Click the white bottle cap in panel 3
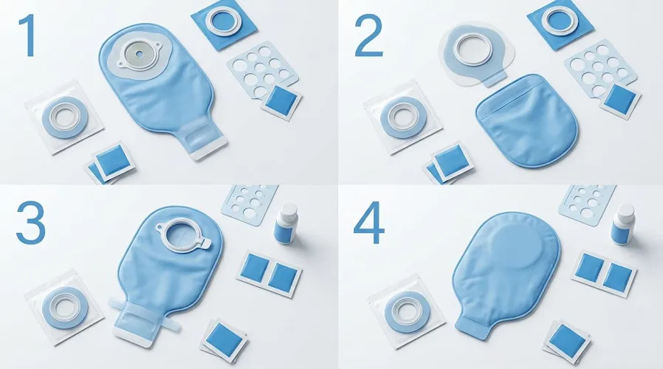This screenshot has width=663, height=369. pyautogui.click(x=289, y=210)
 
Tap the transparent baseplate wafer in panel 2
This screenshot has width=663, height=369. pyautogui.click(x=477, y=54)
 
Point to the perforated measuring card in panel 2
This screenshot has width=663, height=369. pyautogui.click(x=601, y=69)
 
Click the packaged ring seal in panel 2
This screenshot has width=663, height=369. pyautogui.click(x=403, y=117)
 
